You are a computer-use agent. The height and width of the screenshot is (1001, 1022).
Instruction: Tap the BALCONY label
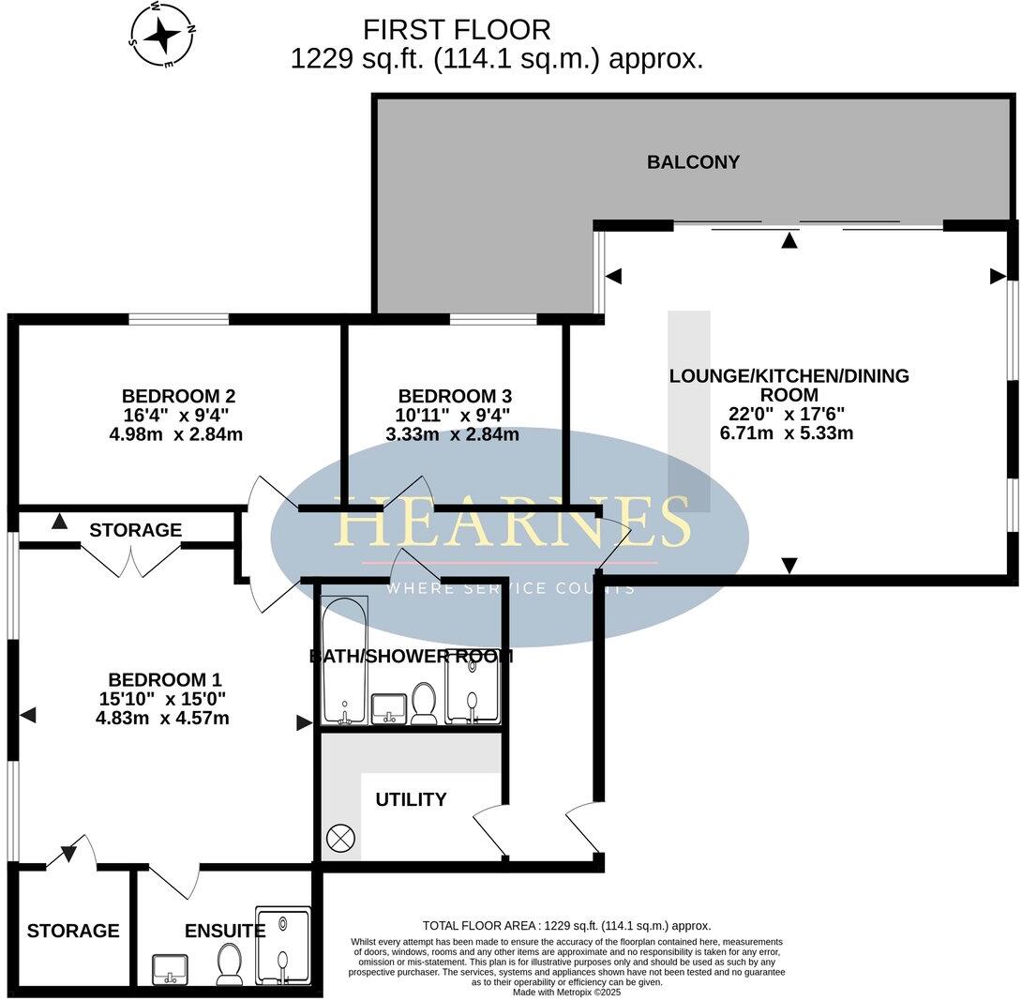pyautogui.click(x=693, y=162)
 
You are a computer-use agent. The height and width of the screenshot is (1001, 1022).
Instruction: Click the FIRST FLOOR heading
pyautogui.click(x=457, y=29)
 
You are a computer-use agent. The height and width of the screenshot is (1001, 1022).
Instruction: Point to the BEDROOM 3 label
pyautogui.click(x=455, y=396)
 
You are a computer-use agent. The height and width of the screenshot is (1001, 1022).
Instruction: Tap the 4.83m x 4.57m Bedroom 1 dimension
pyautogui.click(x=164, y=719)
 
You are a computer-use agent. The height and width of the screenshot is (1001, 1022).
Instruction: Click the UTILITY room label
pyautogui.click(x=411, y=799)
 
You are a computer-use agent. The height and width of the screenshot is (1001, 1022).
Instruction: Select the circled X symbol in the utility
pyautogui.click(x=338, y=838)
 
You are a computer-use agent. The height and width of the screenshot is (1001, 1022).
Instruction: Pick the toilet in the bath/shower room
pyautogui.click(x=425, y=704)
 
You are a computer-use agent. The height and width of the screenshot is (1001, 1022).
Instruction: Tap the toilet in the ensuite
pyautogui.click(x=229, y=964)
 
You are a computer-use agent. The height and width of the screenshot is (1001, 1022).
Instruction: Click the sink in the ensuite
pyautogui.click(x=171, y=967)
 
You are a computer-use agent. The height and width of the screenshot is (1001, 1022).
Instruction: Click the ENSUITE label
pyautogui.click(x=224, y=931)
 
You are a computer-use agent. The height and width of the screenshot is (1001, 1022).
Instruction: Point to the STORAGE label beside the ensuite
pyautogui.click(x=73, y=931)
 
